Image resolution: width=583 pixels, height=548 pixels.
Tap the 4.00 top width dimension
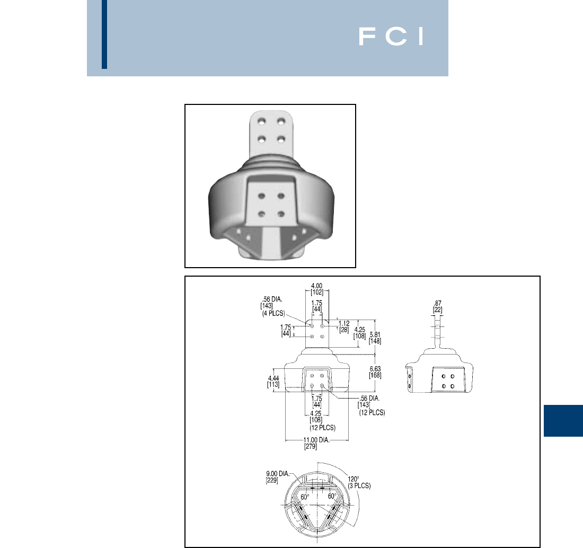317,285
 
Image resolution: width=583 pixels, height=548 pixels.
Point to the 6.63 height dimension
375,369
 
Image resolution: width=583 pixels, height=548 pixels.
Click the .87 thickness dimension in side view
437,304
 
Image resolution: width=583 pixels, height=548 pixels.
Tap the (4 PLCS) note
274,313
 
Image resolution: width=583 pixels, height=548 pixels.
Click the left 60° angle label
305,497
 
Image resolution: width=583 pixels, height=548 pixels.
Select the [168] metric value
375,376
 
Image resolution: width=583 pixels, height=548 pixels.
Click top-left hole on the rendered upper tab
261,122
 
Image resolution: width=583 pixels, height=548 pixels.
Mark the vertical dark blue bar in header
104,34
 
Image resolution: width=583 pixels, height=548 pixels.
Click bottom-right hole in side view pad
452,386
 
